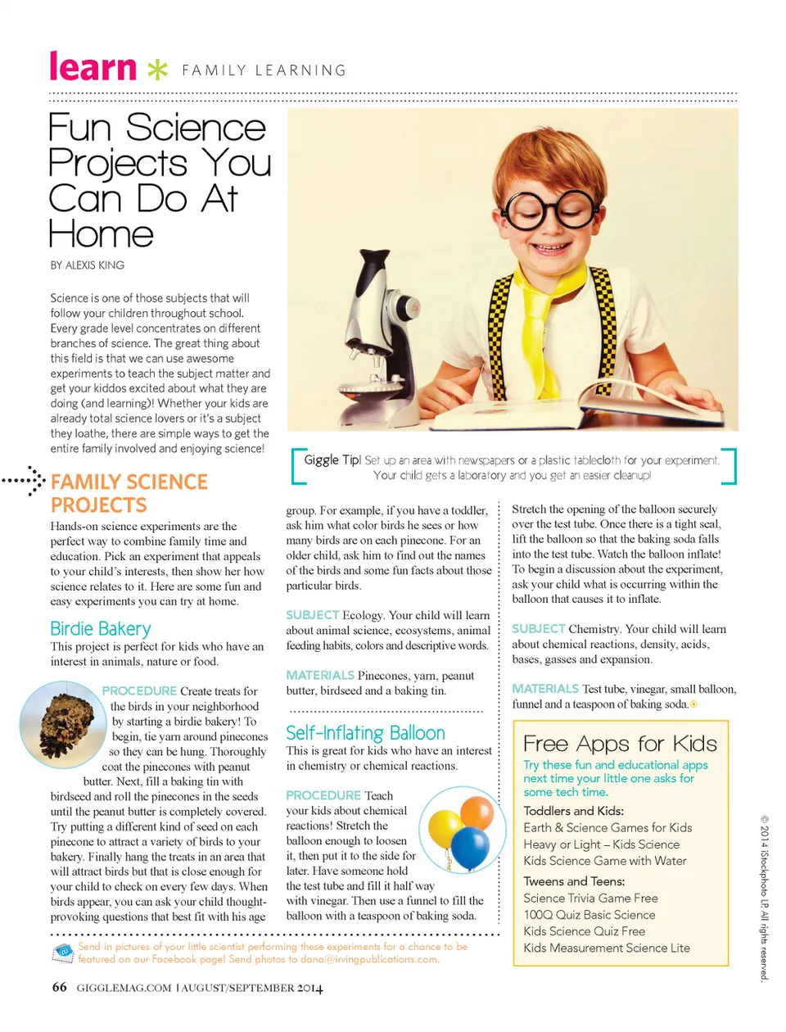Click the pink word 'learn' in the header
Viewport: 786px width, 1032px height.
93,67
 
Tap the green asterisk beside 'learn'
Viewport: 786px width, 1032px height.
157,70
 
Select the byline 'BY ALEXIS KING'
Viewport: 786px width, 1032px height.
88,265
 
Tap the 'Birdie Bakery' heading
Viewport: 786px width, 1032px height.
101,629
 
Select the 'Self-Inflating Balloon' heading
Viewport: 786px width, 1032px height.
365,733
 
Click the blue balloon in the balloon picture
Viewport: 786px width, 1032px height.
470,846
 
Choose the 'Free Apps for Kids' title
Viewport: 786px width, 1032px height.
620,744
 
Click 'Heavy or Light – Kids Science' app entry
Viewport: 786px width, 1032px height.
602,844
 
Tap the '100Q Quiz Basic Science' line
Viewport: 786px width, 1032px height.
589,915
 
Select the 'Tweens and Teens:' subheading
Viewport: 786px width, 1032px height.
574,881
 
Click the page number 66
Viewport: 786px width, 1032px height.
59,987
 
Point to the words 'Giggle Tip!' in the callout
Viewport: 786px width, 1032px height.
332,460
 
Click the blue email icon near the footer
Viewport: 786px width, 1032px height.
62,952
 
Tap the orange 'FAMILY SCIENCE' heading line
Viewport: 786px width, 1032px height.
129,482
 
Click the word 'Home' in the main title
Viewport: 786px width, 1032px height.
101,235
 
